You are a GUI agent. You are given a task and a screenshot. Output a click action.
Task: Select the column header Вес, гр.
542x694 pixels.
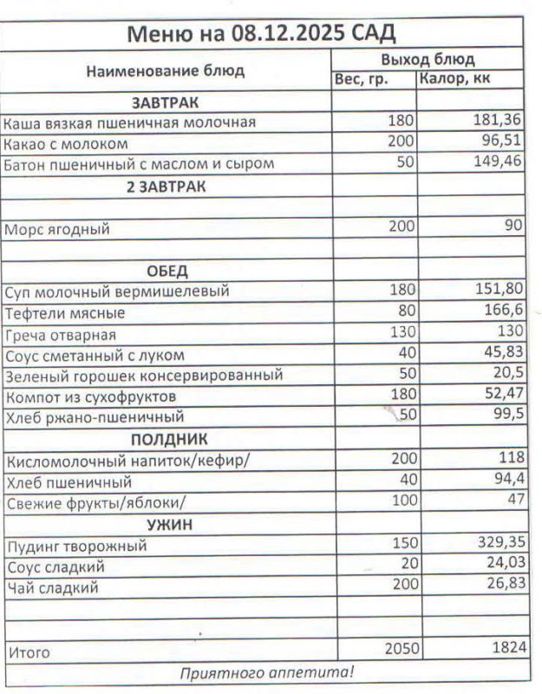tap(361, 80)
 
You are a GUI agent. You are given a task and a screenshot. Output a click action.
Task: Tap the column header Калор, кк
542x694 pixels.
tap(457, 80)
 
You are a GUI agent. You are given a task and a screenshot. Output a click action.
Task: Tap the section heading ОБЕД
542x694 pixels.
tap(167, 272)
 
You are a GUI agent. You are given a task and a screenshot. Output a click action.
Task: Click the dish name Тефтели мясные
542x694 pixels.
tap(65, 313)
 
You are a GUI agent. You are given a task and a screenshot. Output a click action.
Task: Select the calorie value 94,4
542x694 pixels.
tap(506, 480)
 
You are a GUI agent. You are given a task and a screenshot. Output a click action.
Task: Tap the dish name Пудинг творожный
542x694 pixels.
tap(76, 547)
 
